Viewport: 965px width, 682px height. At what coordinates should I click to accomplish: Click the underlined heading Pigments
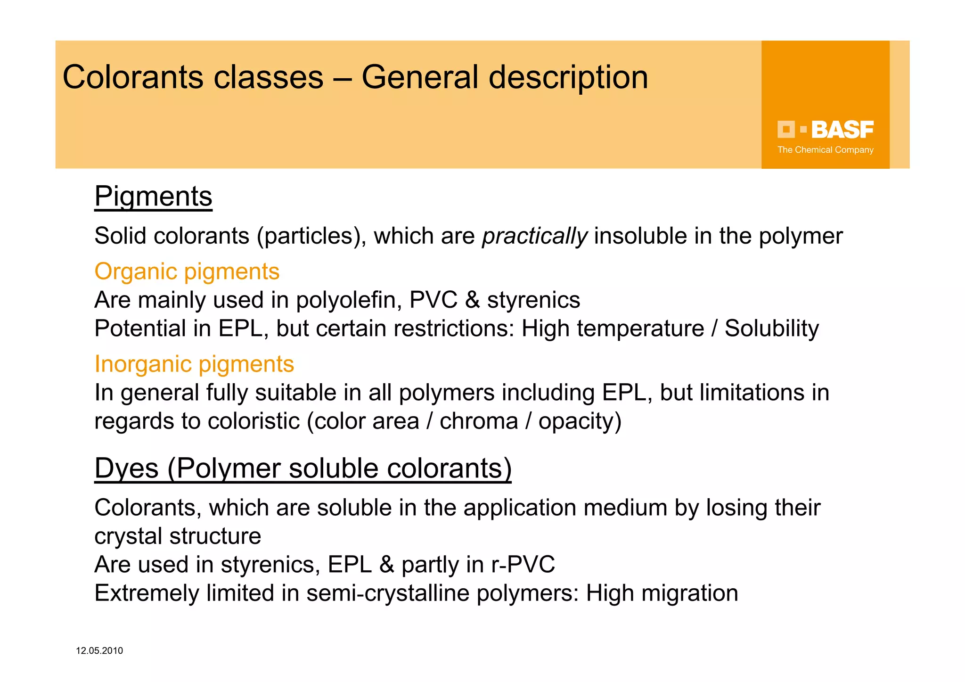pos(153,196)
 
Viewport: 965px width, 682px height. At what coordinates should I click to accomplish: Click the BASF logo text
pos(842,130)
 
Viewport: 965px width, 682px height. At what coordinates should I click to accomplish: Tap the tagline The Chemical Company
pos(825,150)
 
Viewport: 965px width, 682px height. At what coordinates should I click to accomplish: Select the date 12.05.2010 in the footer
pos(99,651)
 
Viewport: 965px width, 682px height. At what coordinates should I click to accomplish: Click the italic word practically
pos(534,236)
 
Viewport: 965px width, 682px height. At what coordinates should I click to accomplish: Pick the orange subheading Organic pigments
pos(187,271)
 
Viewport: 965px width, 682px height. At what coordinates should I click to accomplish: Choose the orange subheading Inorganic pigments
pos(194,364)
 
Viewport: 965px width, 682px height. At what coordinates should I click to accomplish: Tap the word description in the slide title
pos(568,77)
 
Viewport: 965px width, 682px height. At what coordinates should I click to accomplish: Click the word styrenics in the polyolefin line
pos(533,300)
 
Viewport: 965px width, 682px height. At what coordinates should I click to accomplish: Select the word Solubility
pos(771,329)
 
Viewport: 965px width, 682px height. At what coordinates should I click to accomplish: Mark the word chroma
pos(479,421)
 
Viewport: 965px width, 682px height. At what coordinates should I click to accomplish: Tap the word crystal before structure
pos(128,536)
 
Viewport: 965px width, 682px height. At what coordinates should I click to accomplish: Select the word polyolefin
pos(349,300)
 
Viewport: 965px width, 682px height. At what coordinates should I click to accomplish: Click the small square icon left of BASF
pos(786,129)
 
